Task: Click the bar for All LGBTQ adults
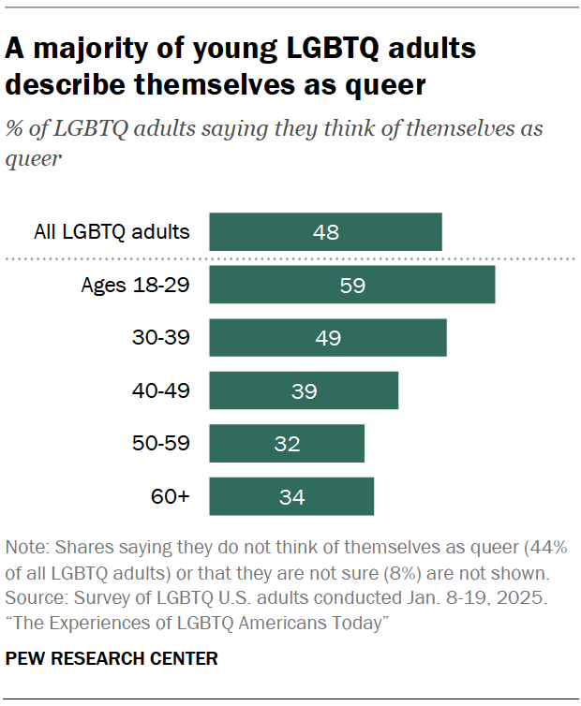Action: click(325, 232)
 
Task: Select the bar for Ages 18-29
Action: click(351, 286)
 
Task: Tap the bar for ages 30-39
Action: click(327, 338)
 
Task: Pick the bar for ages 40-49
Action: click(304, 390)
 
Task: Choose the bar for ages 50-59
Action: click(287, 444)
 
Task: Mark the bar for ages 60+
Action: click(291, 496)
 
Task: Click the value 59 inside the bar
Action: click(351, 286)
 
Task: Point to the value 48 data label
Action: click(325, 232)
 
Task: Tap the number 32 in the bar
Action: click(287, 444)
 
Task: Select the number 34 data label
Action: click(291, 496)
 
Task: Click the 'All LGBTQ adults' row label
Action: click(112, 232)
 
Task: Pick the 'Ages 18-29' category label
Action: click(136, 286)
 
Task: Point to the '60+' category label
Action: click(171, 496)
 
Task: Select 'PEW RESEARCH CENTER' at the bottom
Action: click(112, 659)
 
